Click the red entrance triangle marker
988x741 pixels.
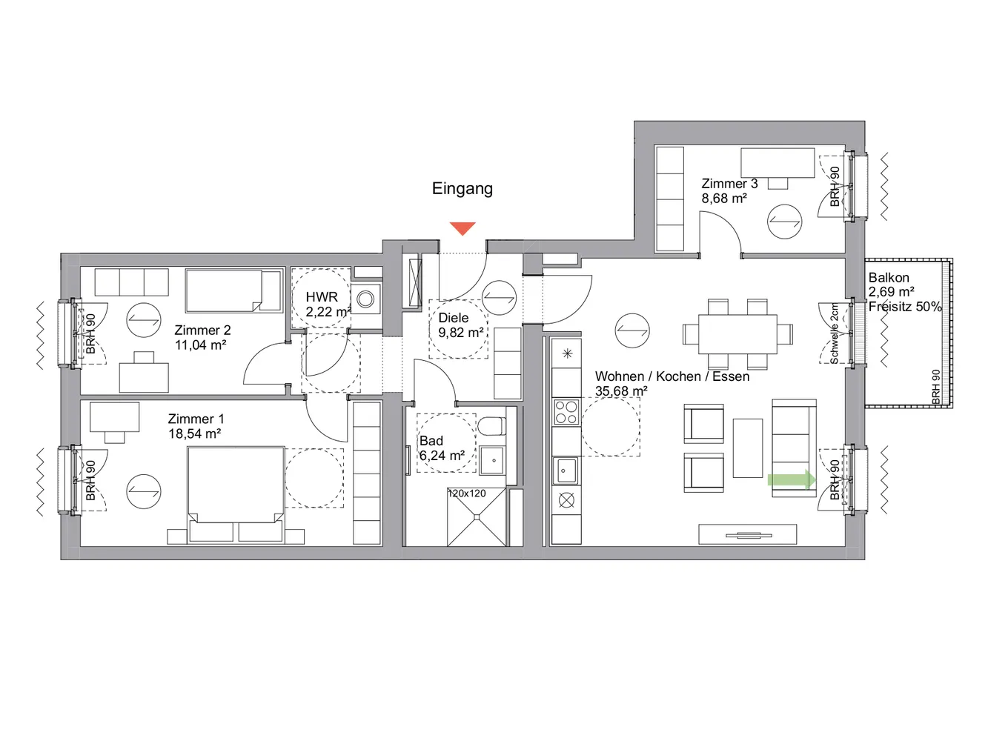[x=462, y=228]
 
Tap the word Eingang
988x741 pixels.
[x=462, y=188]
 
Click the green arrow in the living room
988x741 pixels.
[x=792, y=479]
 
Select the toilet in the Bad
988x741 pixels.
[x=491, y=427]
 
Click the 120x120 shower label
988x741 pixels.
[x=466, y=494]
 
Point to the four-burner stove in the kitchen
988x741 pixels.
[x=566, y=412]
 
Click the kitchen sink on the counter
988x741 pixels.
[x=566, y=471]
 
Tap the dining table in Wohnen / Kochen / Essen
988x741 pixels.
[x=737, y=334]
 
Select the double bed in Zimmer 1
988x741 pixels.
[x=236, y=494]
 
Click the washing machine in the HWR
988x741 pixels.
[x=365, y=299]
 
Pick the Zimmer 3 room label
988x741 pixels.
[x=729, y=184]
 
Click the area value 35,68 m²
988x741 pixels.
[x=621, y=391]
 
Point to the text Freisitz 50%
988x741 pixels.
[x=905, y=307]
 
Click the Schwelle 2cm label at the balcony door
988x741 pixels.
[x=834, y=333]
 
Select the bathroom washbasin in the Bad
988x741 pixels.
[x=492, y=460]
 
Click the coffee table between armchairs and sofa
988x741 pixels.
[x=748, y=448]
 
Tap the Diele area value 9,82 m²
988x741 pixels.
[x=461, y=333]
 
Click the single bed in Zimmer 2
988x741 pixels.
[x=233, y=290]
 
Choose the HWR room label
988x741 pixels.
[x=322, y=297]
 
